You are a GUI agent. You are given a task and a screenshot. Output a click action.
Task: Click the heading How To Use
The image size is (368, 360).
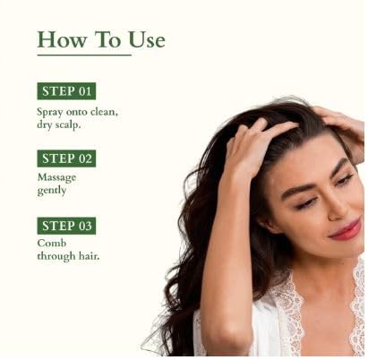point(100,40)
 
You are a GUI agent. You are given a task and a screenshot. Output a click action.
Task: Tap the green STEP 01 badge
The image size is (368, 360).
point(66,90)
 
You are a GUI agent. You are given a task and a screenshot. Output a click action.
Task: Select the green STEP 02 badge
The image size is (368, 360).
point(66,159)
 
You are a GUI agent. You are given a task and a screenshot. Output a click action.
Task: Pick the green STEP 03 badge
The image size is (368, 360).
point(66,226)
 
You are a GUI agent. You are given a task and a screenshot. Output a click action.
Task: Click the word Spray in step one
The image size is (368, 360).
point(50,111)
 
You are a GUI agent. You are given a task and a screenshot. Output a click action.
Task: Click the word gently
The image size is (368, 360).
point(52,192)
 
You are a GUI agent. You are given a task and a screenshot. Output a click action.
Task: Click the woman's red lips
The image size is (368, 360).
point(345,229)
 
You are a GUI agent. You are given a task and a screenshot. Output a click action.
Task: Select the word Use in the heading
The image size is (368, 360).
point(144,40)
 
